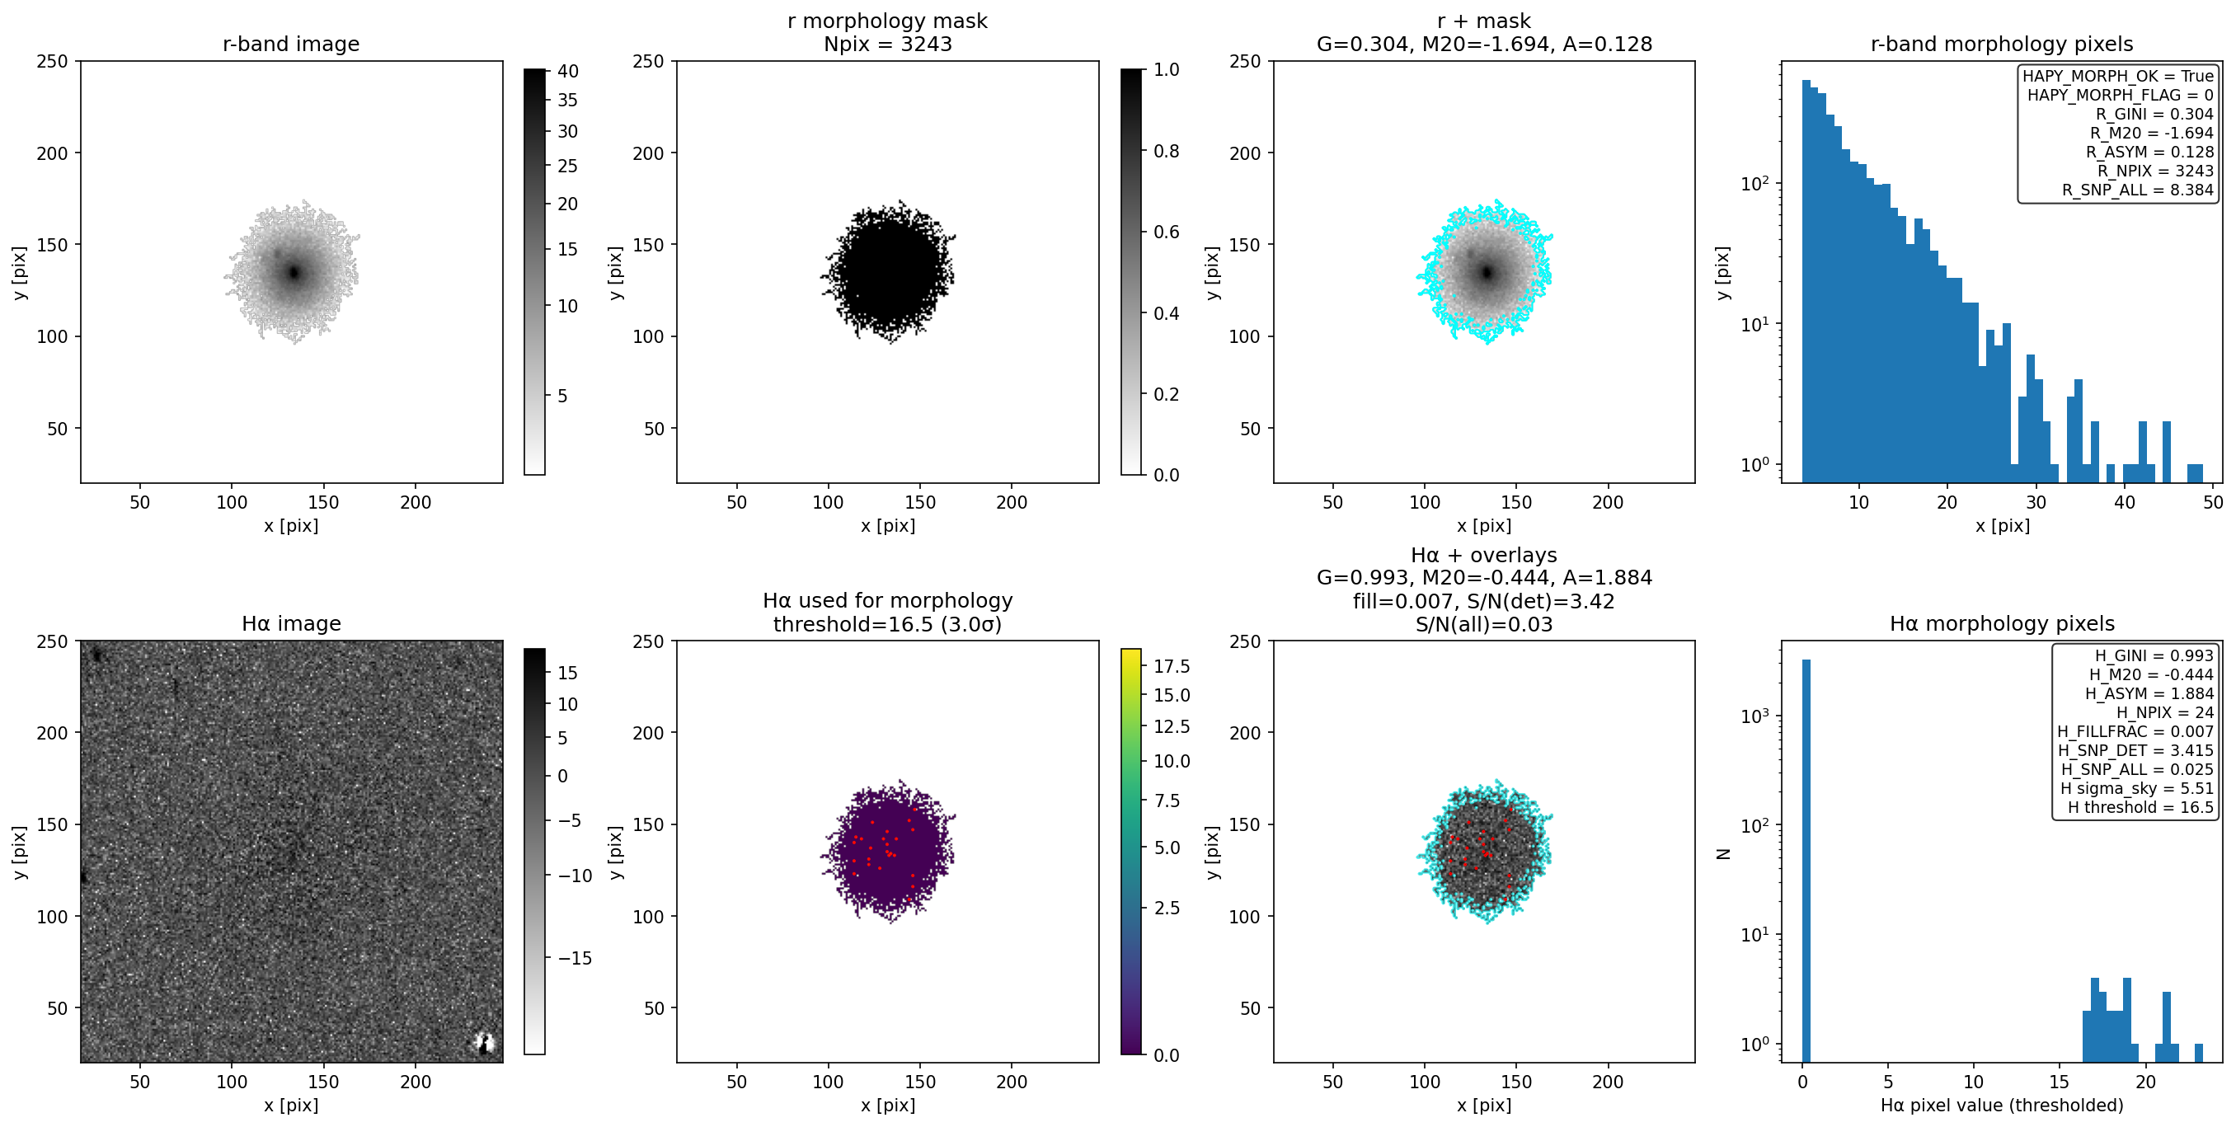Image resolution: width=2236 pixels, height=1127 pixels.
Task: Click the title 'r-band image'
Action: [x=291, y=44]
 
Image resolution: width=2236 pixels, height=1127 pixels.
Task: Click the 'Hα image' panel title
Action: [x=291, y=623]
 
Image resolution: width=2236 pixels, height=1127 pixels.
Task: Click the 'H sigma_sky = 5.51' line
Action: [x=2137, y=788]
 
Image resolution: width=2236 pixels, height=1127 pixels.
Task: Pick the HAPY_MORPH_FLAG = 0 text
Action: [x=2121, y=95]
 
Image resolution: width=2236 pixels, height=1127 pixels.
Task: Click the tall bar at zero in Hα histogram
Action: [x=1806, y=860]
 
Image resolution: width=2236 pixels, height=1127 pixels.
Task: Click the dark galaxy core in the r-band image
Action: [x=294, y=273]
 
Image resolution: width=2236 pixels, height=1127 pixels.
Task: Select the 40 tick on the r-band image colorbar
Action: [x=568, y=71]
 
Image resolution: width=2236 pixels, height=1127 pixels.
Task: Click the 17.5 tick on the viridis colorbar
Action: [x=1172, y=666]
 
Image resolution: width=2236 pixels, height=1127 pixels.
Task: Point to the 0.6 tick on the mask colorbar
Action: [x=1167, y=232]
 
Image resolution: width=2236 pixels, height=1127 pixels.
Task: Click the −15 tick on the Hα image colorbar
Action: [x=575, y=958]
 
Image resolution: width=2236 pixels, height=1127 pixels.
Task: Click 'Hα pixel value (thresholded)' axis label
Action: [x=2002, y=1106]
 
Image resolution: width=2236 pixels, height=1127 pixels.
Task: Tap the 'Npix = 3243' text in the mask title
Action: [x=888, y=44]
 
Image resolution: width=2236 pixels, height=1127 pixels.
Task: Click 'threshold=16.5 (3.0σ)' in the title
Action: [x=888, y=623]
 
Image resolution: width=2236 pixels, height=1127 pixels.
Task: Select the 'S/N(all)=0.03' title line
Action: [x=1484, y=623]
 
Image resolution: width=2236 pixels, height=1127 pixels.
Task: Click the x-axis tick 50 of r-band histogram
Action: [x=2213, y=502]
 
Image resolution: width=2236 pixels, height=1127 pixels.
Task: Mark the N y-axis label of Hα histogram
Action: [x=1724, y=854]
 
